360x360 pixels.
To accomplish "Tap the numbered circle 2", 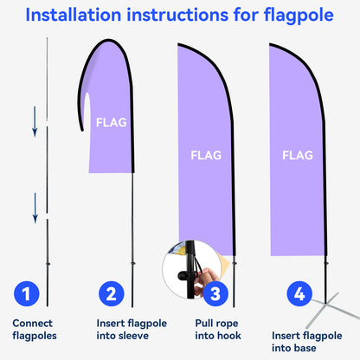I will coord(110,294).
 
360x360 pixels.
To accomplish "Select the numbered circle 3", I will coord(215,294).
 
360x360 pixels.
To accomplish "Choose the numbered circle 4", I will coord(299,294).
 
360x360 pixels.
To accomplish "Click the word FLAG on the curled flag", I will coord(111,122).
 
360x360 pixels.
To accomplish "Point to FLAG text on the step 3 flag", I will coord(205,156).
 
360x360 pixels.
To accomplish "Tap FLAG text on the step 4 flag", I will coord(298,156).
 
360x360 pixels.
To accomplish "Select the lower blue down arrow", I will coord(35,206).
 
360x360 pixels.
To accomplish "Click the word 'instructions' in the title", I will coord(188,16).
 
